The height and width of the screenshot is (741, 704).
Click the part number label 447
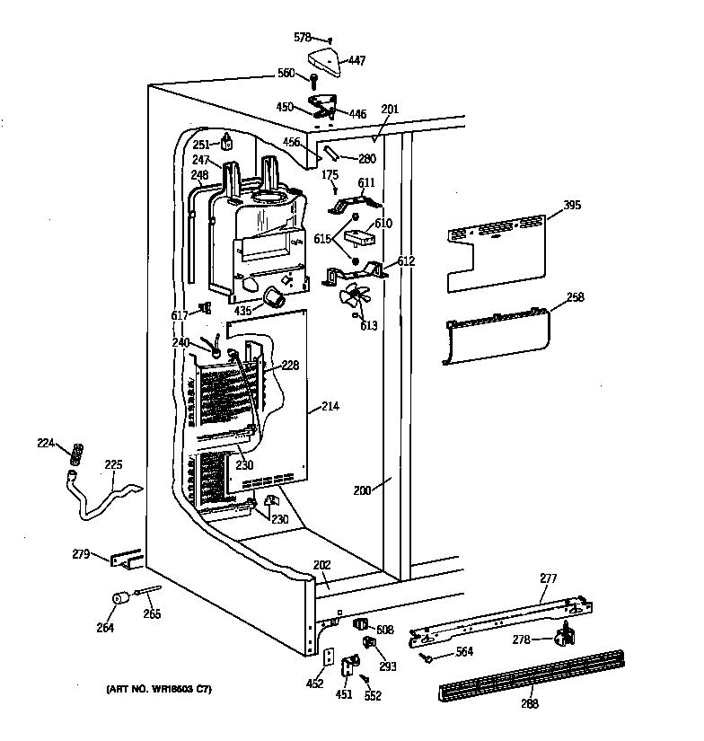coord(356,61)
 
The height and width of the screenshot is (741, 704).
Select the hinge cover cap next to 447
coord(325,63)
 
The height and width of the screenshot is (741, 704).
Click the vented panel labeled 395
coord(498,251)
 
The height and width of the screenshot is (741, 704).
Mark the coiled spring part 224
coord(76,451)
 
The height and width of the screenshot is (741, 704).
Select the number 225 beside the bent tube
coord(113,465)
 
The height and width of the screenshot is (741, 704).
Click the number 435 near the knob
coord(242,311)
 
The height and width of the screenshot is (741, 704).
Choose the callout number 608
coord(384,630)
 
